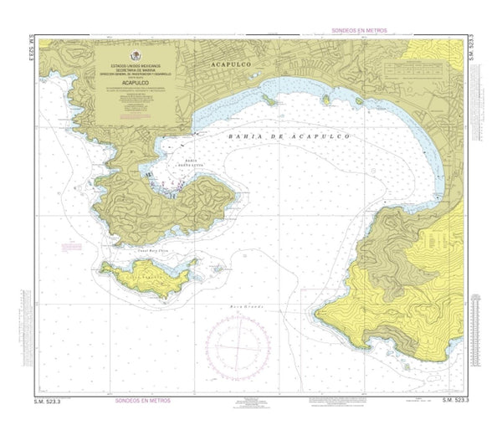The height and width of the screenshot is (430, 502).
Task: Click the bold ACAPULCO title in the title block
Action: [136, 84]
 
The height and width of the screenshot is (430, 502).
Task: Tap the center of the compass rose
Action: [239, 346]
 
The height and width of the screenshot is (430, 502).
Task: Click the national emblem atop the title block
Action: [136, 52]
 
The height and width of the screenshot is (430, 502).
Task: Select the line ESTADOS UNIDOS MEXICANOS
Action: [136, 64]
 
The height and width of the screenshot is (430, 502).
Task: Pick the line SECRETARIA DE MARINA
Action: [136, 69]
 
